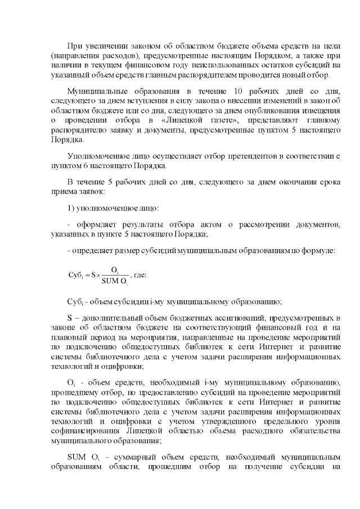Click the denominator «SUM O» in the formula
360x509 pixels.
coord(114,281)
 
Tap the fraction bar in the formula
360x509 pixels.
coord(115,276)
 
